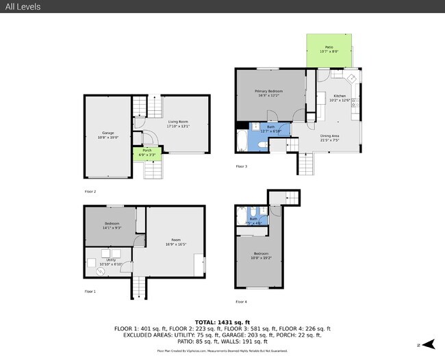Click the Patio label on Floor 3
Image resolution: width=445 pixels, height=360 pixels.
pos(329,49)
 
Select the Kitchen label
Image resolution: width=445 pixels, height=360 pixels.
pos(340,97)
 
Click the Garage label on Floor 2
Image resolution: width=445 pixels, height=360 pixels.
pos(108,133)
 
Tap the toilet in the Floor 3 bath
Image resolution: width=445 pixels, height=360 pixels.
pos(254,127)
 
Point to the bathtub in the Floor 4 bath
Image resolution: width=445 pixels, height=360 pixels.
pos(240,217)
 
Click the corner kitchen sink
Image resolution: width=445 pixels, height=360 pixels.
pos(349,77)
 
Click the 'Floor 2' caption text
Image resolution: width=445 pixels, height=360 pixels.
pos(90,192)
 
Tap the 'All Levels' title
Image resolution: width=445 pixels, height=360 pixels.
pos(22,7)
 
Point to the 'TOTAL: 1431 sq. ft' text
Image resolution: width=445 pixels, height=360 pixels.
pos(222,322)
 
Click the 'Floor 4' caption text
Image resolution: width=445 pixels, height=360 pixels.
pos(241,301)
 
